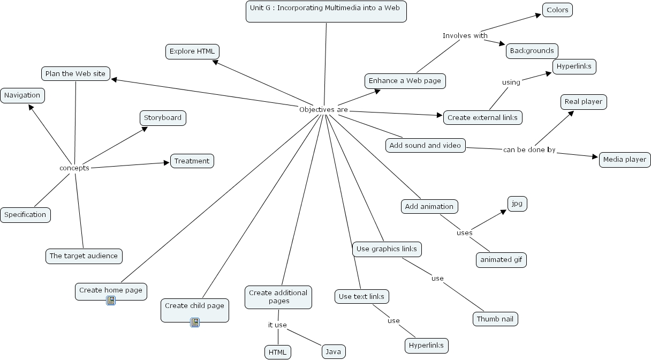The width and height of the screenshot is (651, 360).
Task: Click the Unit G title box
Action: pyautogui.click(x=326, y=11)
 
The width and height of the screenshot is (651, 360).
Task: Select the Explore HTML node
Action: pyautogui.click(x=192, y=51)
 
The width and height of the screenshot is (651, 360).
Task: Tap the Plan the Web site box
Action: pyautogui.click(x=75, y=73)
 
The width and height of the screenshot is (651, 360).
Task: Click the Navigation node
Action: pyautogui.click(x=22, y=95)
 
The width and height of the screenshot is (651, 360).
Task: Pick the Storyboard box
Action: pyautogui.click(x=163, y=118)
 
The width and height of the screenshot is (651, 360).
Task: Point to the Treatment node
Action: pyautogui.click(x=192, y=161)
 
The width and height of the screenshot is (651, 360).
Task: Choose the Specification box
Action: pyautogui.click(x=26, y=215)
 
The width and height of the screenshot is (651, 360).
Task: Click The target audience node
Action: pyautogui.click(x=84, y=256)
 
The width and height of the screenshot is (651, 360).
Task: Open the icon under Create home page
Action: pyautogui.click(x=111, y=301)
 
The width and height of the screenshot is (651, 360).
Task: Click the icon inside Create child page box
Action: pyautogui.click(x=195, y=322)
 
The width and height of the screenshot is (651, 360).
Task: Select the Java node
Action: pyautogui.click(x=334, y=351)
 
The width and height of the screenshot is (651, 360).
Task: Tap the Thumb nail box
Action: pyautogui.click(x=495, y=319)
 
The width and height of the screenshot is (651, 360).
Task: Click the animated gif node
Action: pyautogui.click(x=501, y=260)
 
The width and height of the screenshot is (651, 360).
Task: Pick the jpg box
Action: pyautogui.click(x=517, y=204)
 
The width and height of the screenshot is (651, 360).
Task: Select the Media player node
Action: pyautogui.click(x=625, y=160)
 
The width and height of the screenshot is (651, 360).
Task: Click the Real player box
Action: pyautogui.click(x=584, y=102)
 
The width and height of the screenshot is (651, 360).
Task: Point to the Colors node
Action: pyautogui.click(x=557, y=10)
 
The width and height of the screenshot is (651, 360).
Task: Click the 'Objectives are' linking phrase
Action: pyautogui.click(x=323, y=110)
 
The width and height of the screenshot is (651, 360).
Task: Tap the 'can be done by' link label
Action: pyautogui.click(x=529, y=150)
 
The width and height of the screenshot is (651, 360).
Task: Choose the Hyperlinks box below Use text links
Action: pyautogui.click(x=426, y=346)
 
